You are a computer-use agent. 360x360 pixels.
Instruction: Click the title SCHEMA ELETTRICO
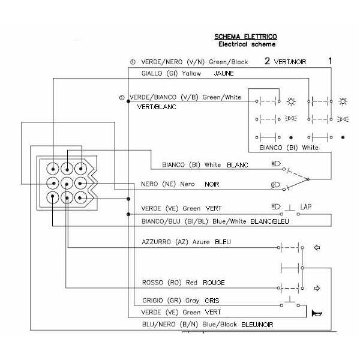pyautogui.click(x=245, y=37)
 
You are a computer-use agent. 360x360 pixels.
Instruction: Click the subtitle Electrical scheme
pyautogui.click(x=247, y=44)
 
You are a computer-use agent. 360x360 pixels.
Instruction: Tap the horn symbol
pyautogui.click(x=317, y=313)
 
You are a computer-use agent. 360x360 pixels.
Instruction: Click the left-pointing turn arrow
pyautogui.click(x=317, y=247)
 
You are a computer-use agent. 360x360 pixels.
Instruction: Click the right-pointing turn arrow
pyautogui.click(x=317, y=288)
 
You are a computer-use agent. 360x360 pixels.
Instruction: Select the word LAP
pyautogui.click(x=306, y=207)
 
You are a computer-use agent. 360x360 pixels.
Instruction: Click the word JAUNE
pyautogui.click(x=224, y=73)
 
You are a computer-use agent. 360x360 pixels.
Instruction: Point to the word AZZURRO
pyautogui.click(x=157, y=242)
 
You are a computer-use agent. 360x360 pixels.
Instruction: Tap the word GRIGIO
pyautogui.click(x=152, y=301)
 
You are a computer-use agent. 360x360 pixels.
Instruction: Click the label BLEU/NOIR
pyautogui.click(x=257, y=325)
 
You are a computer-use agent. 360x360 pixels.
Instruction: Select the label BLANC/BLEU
pyautogui.click(x=269, y=221)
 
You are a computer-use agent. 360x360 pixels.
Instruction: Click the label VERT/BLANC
pyautogui.click(x=157, y=107)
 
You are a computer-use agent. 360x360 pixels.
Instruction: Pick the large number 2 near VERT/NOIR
pyautogui.click(x=267, y=61)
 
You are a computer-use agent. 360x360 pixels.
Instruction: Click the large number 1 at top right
pyautogui.click(x=330, y=61)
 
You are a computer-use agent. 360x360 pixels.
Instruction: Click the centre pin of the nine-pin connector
pyautogui.click(x=67, y=184)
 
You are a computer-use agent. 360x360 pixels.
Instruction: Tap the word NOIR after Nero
pyautogui.click(x=212, y=184)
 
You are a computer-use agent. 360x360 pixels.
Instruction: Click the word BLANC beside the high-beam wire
pyautogui.click(x=238, y=165)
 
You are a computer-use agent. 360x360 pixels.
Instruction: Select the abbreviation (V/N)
pyautogui.click(x=196, y=62)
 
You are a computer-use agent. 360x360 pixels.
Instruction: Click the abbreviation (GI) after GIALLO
pyautogui.click(x=172, y=73)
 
